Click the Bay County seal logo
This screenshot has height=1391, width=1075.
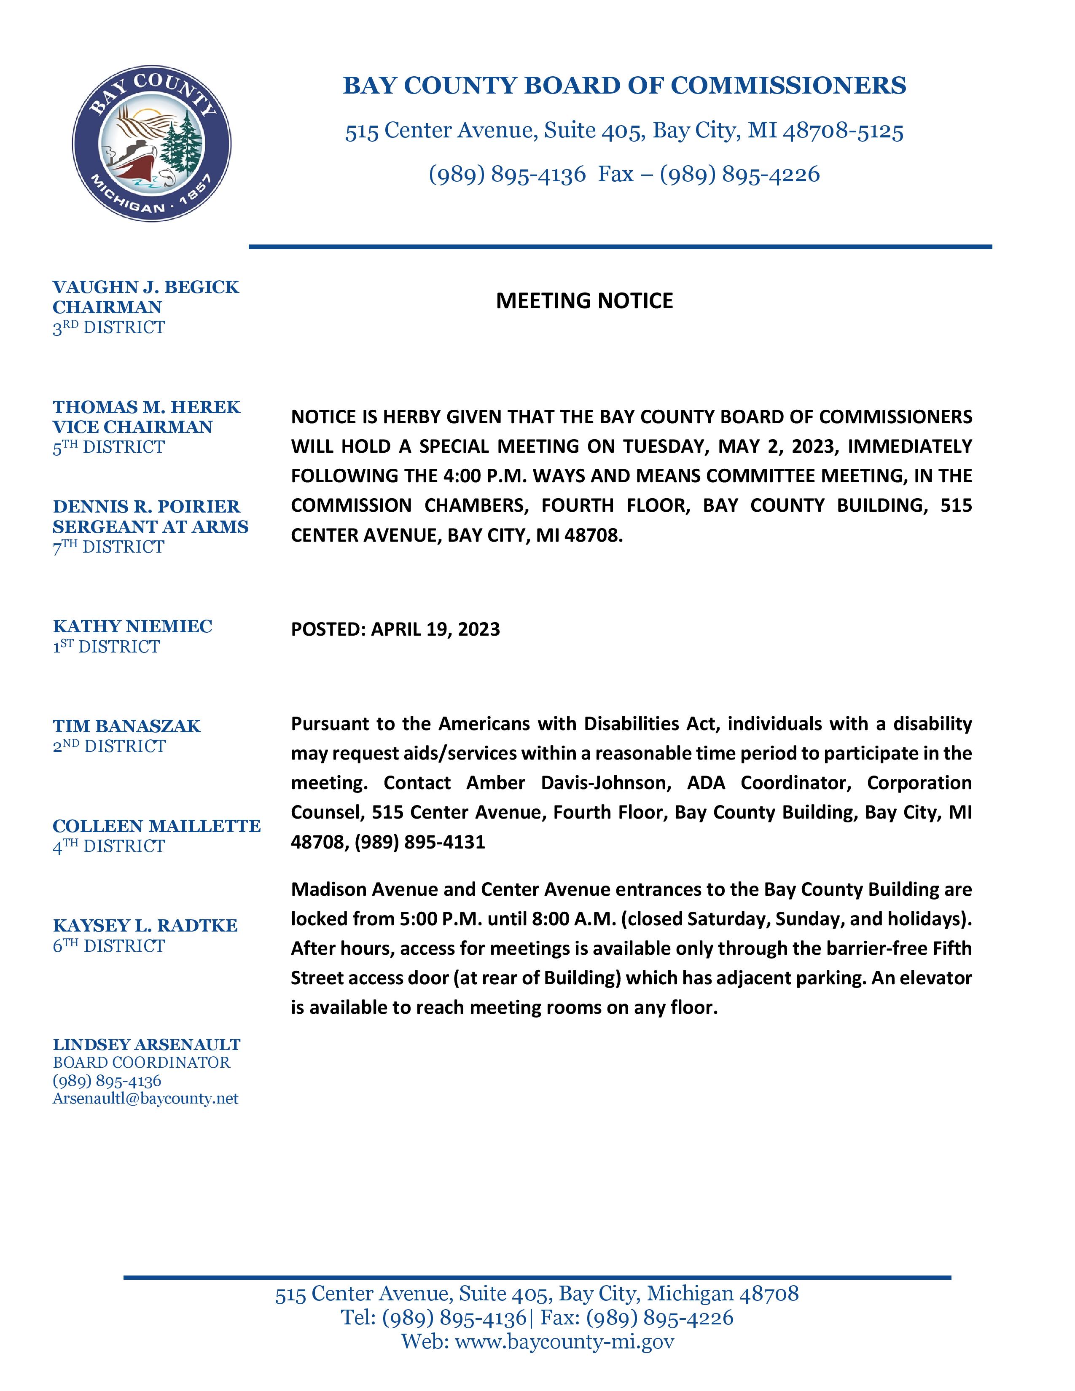152,143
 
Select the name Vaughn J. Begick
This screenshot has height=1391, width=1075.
146,287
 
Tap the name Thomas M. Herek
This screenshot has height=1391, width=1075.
146,407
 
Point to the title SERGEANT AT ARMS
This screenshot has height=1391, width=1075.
150,527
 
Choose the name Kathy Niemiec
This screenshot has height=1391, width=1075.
132,626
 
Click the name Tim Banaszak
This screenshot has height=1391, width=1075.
127,726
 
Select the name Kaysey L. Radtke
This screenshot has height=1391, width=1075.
145,925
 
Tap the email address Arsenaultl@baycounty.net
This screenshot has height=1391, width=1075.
145,1098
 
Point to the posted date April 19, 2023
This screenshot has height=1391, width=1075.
435,629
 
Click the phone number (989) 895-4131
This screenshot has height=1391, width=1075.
420,842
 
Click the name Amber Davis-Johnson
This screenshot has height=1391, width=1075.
569,783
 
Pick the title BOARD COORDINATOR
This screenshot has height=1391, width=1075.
141,1062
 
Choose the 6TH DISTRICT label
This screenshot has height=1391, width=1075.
109,946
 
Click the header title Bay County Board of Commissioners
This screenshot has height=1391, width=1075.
624,85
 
